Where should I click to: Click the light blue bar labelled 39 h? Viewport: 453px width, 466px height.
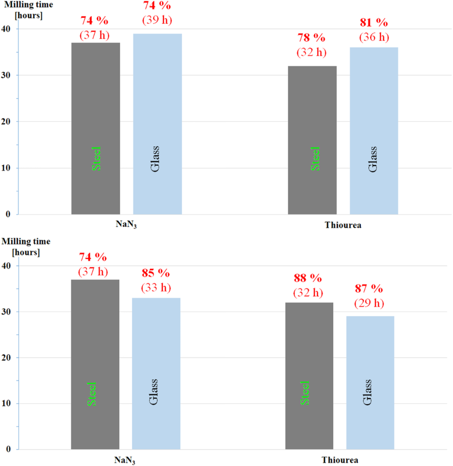[x=157, y=124]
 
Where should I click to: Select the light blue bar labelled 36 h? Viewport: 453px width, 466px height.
[x=373, y=131]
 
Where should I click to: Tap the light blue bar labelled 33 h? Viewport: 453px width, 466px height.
[x=156, y=373]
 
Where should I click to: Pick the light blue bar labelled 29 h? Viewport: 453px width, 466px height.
[x=370, y=382]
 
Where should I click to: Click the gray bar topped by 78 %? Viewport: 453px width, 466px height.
[x=313, y=140]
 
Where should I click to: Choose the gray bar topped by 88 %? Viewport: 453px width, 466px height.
[x=309, y=375]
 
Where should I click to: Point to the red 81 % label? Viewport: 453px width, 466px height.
[x=374, y=23]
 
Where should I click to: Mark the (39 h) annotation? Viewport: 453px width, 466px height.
[x=157, y=20]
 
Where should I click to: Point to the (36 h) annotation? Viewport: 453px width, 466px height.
[x=374, y=37]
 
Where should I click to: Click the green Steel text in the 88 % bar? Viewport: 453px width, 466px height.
[x=305, y=392]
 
